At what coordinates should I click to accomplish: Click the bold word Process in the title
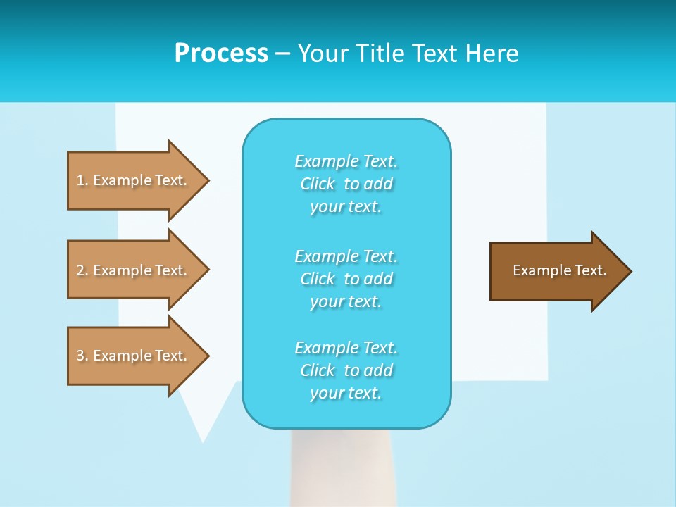point(221,54)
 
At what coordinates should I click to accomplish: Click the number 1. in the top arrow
point(82,180)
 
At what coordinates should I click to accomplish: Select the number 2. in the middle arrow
point(82,270)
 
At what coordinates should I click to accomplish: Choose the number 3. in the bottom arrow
point(82,356)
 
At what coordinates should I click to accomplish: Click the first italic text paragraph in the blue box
point(346,184)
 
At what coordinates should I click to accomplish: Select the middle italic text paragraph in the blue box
point(346,279)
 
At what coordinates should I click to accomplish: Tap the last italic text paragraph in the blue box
point(346,370)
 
